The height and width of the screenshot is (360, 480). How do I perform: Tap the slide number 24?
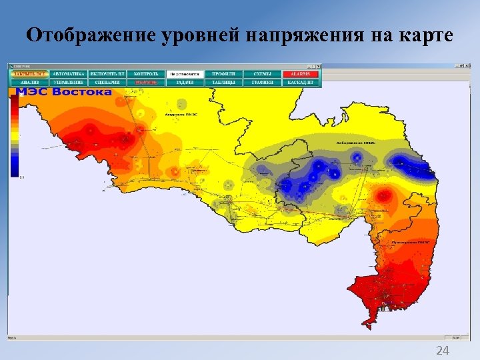442,351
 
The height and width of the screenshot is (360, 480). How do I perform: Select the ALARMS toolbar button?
301,73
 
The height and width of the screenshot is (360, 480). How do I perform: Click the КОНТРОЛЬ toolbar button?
146,73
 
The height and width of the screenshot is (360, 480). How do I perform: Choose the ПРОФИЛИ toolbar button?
223,73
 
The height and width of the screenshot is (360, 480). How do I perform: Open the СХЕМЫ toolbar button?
262,73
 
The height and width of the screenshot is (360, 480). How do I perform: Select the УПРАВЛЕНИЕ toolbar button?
68,82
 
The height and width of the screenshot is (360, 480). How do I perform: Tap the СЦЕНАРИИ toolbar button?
107,82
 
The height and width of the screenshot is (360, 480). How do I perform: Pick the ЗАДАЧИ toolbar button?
185,82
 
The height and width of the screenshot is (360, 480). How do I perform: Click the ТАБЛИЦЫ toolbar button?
223,82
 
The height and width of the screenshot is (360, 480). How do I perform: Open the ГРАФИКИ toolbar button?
262,82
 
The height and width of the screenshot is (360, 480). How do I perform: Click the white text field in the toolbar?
185,73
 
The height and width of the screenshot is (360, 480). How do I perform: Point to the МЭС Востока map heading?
64,91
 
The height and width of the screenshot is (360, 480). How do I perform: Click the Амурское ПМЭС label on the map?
183,114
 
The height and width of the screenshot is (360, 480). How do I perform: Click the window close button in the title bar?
467,66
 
